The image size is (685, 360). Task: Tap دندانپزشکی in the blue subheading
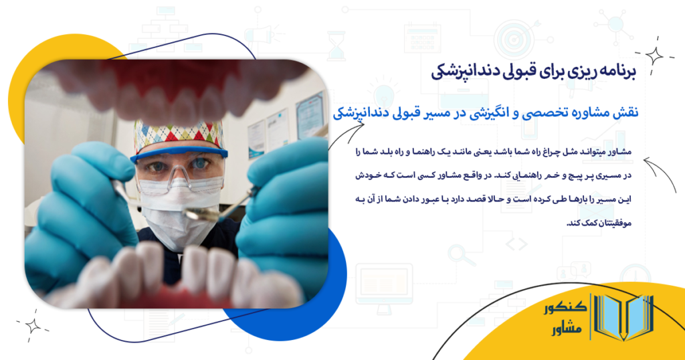coord(367,114)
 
